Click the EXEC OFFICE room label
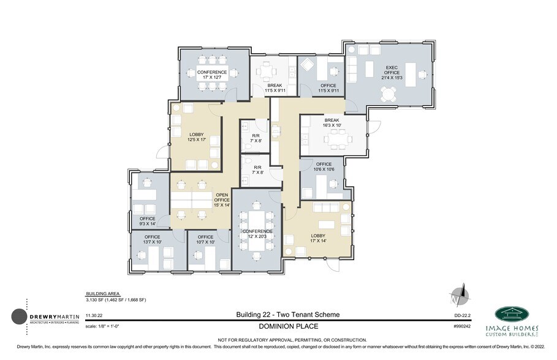[392, 72]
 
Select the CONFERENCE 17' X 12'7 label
[212, 75]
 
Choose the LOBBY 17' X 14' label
[318, 238]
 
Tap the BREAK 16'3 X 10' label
[332, 123]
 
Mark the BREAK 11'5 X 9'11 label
[274, 89]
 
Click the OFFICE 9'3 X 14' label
[148, 222]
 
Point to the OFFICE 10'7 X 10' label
[205, 239]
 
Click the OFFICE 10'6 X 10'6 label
[324, 167]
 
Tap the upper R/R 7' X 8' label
[257, 138]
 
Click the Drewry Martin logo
[46, 317]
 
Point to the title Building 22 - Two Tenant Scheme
[287, 315]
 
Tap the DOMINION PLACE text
[287, 326]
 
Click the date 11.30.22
[95, 315]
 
